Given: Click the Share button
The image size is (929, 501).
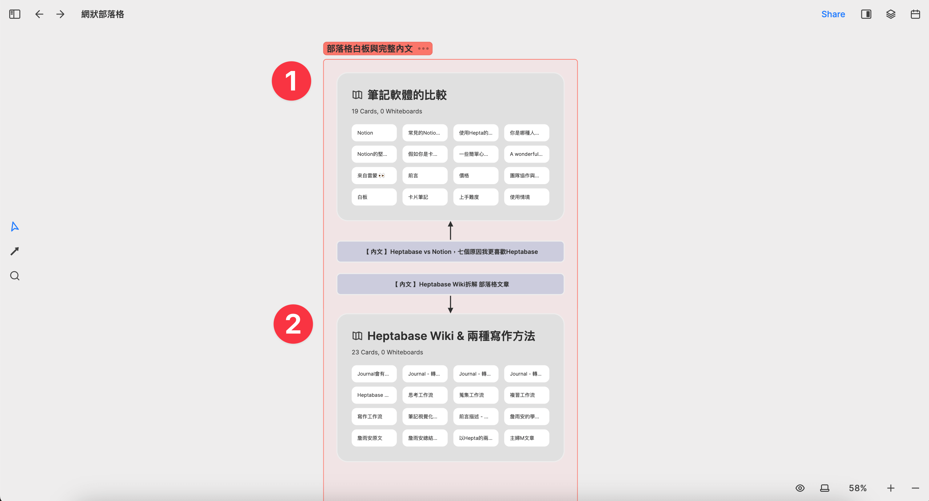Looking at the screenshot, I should pyautogui.click(x=833, y=14).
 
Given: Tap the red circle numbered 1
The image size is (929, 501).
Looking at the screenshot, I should pyautogui.click(x=291, y=81).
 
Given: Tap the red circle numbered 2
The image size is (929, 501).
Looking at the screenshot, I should pyautogui.click(x=293, y=324).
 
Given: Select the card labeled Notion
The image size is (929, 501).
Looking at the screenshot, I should pyautogui.click(x=374, y=133).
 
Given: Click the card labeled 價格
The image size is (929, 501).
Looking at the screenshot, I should pyautogui.click(x=475, y=176).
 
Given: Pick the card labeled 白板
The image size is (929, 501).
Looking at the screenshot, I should pyautogui.click(x=374, y=197).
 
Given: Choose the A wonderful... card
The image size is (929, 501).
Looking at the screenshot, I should pyautogui.click(x=526, y=154).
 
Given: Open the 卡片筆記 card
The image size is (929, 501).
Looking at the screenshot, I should pyautogui.click(x=425, y=197).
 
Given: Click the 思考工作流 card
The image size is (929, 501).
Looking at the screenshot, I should pyautogui.click(x=425, y=395).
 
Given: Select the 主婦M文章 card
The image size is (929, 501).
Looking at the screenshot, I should pyautogui.click(x=526, y=438).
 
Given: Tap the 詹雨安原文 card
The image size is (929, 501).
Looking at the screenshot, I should pyautogui.click(x=374, y=438).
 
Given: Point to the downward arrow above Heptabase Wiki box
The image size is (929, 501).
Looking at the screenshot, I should pyautogui.click(x=450, y=304).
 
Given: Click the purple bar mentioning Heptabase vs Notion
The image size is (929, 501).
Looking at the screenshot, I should pyautogui.click(x=450, y=252).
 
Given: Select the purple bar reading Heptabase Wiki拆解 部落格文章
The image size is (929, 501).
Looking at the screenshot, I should pyautogui.click(x=450, y=284).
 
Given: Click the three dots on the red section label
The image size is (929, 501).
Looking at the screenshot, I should pyautogui.click(x=423, y=48).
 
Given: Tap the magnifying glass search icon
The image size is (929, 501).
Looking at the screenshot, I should pyautogui.click(x=15, y=276).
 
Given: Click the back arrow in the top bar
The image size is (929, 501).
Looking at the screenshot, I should pyautogui.click(x=39, y=14).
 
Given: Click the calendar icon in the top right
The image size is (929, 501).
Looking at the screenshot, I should pyautogui.click(x=915, y=14).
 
